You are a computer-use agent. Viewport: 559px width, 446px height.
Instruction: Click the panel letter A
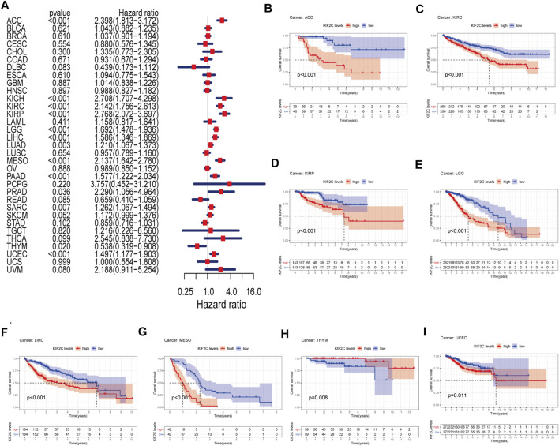point(7,6)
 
